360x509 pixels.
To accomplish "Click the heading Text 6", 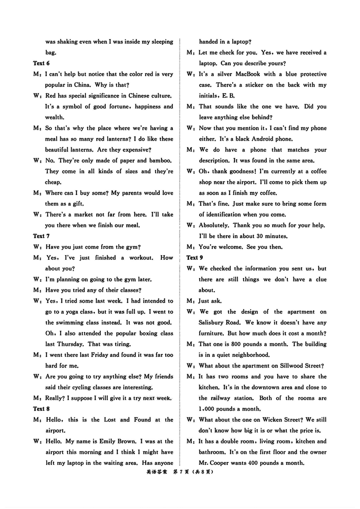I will tap(41, 63).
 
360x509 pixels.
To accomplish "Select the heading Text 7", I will tap(41, 236).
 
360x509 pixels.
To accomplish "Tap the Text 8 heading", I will tap(41, 409).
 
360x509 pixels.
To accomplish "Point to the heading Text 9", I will tap(195, 257).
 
